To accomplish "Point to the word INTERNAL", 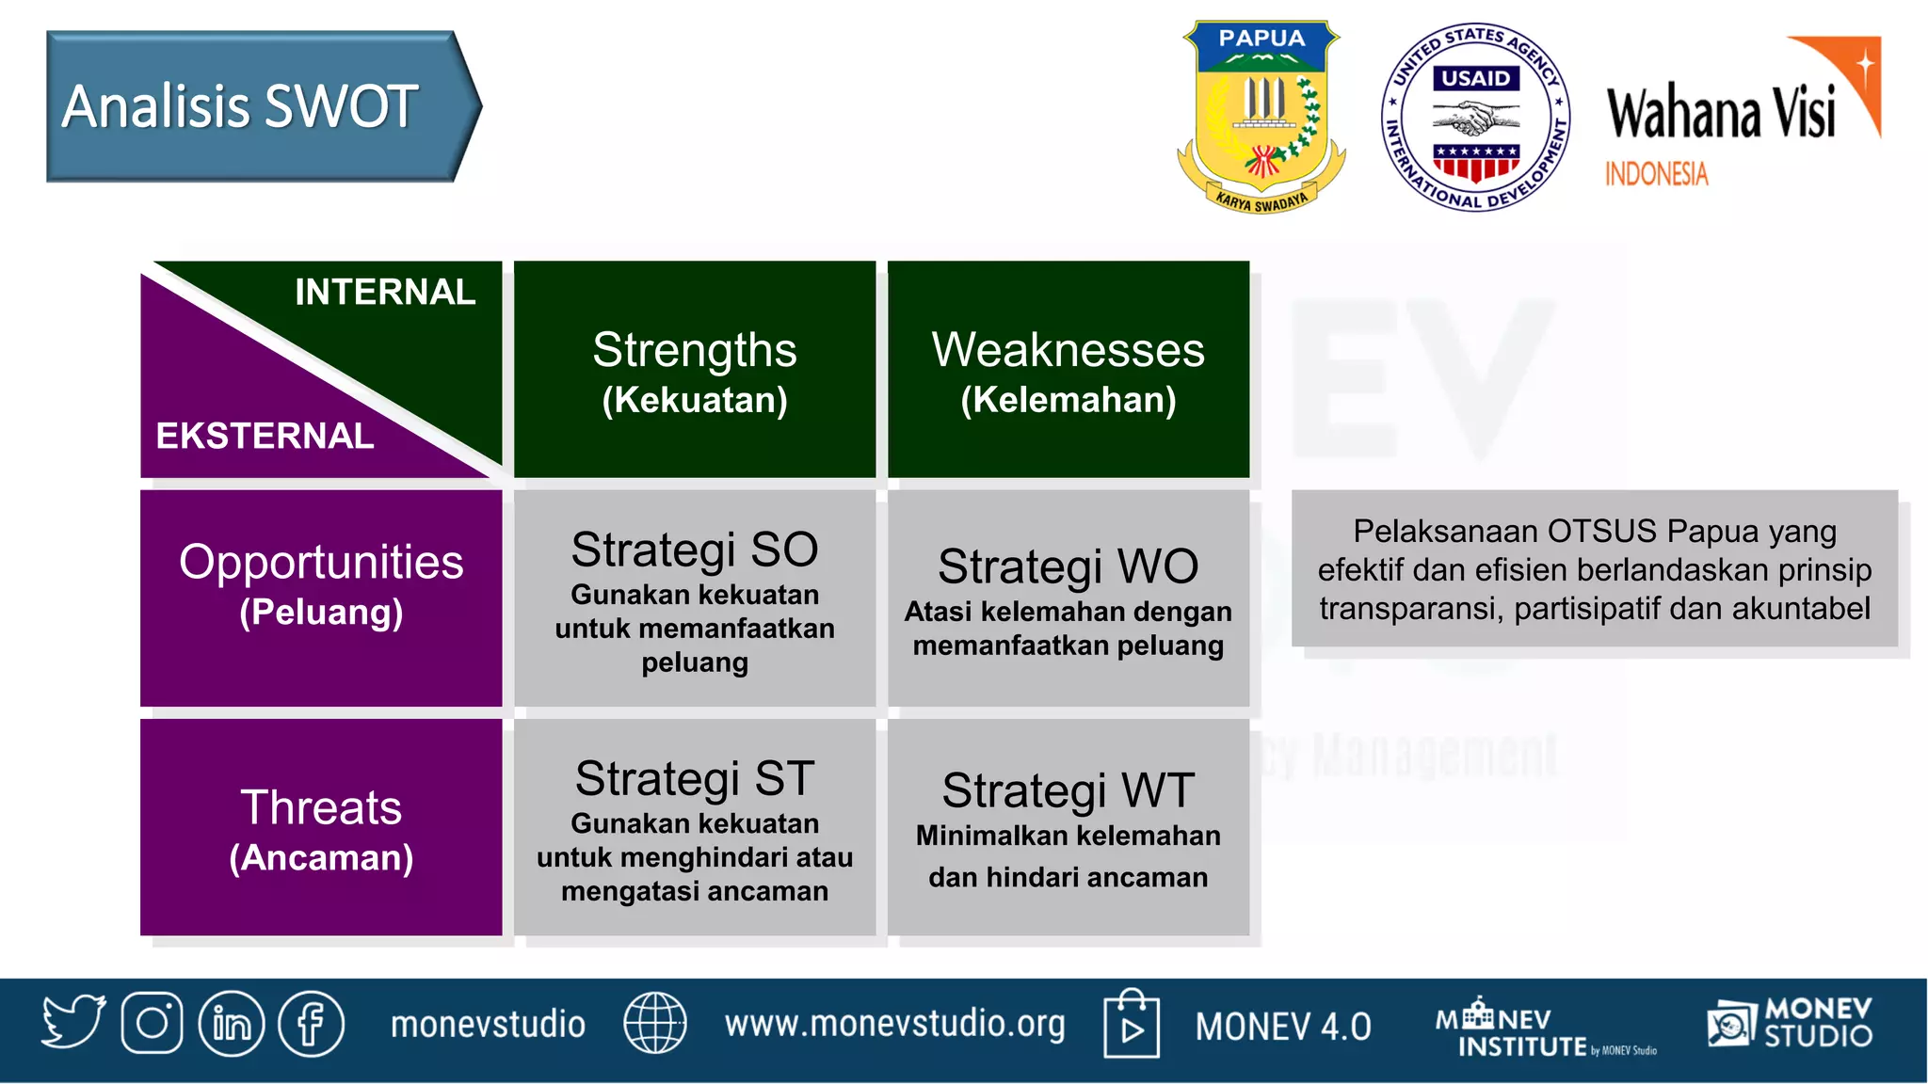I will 385,293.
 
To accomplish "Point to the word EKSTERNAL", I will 265,436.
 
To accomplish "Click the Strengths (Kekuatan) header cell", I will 695,371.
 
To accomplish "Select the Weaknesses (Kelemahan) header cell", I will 1068,371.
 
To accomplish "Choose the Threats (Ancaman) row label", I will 321,828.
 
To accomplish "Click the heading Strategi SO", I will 695,550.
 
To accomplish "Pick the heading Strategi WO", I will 1068,566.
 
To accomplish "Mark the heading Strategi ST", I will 695,779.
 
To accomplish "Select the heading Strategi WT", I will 1068,790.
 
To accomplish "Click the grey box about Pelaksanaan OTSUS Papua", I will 1594,569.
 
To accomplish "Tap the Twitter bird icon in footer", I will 72,1022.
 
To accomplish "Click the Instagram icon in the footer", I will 152,1023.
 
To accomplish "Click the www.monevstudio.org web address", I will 894,1024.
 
